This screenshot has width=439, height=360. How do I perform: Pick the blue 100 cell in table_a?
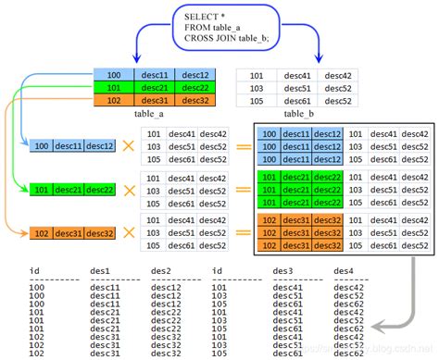point(114,74)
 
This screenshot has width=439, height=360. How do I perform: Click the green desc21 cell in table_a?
point(154,87)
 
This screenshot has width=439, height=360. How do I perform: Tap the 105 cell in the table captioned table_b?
point(257,101)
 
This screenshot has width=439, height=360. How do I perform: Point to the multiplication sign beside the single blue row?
point(129,146)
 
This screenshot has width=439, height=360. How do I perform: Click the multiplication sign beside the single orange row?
point(129,232)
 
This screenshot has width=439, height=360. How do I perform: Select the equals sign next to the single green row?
point(242,190)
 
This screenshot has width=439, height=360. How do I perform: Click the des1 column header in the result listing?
point(101,270)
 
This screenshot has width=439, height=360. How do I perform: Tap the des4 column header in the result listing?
point(344,270)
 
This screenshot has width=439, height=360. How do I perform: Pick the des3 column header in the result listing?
point(282,270)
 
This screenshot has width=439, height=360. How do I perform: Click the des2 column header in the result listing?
point(161,270)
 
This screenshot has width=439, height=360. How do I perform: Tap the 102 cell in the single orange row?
point(41,233)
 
